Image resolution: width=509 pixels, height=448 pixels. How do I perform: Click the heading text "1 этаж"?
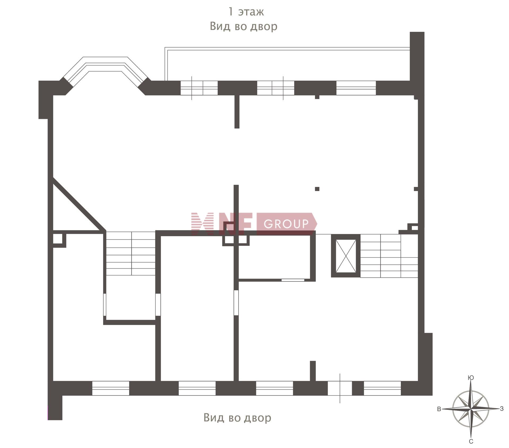click(246, 12)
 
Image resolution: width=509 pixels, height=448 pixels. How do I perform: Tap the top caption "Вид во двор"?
click(243, 26)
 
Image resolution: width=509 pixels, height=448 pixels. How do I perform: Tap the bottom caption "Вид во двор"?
click(237, 417)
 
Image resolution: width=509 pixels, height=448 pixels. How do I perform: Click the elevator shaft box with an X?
click(346, 256)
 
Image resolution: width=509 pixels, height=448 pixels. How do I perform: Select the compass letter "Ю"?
click(471, 378)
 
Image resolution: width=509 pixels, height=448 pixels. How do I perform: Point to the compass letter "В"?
click(439, 409)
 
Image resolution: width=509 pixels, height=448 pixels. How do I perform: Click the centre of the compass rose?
click(471, 409)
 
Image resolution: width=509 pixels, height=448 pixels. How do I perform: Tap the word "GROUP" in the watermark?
click(286, 224)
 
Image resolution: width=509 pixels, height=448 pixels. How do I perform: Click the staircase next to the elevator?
click(389, 256)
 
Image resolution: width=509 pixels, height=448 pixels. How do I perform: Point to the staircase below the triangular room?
click(131, 253)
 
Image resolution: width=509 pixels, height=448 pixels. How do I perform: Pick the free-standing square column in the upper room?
click(317, 189)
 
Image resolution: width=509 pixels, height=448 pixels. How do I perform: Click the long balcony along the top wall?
click(287, 64)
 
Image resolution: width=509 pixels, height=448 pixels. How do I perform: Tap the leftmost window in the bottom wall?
click(111, 388)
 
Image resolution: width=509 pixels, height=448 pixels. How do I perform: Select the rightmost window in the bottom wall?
click(382, 388)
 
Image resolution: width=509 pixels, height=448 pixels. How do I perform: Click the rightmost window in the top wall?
click(356, 88)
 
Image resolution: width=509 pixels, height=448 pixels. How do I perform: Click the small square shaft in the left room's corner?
click(59, 240)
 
